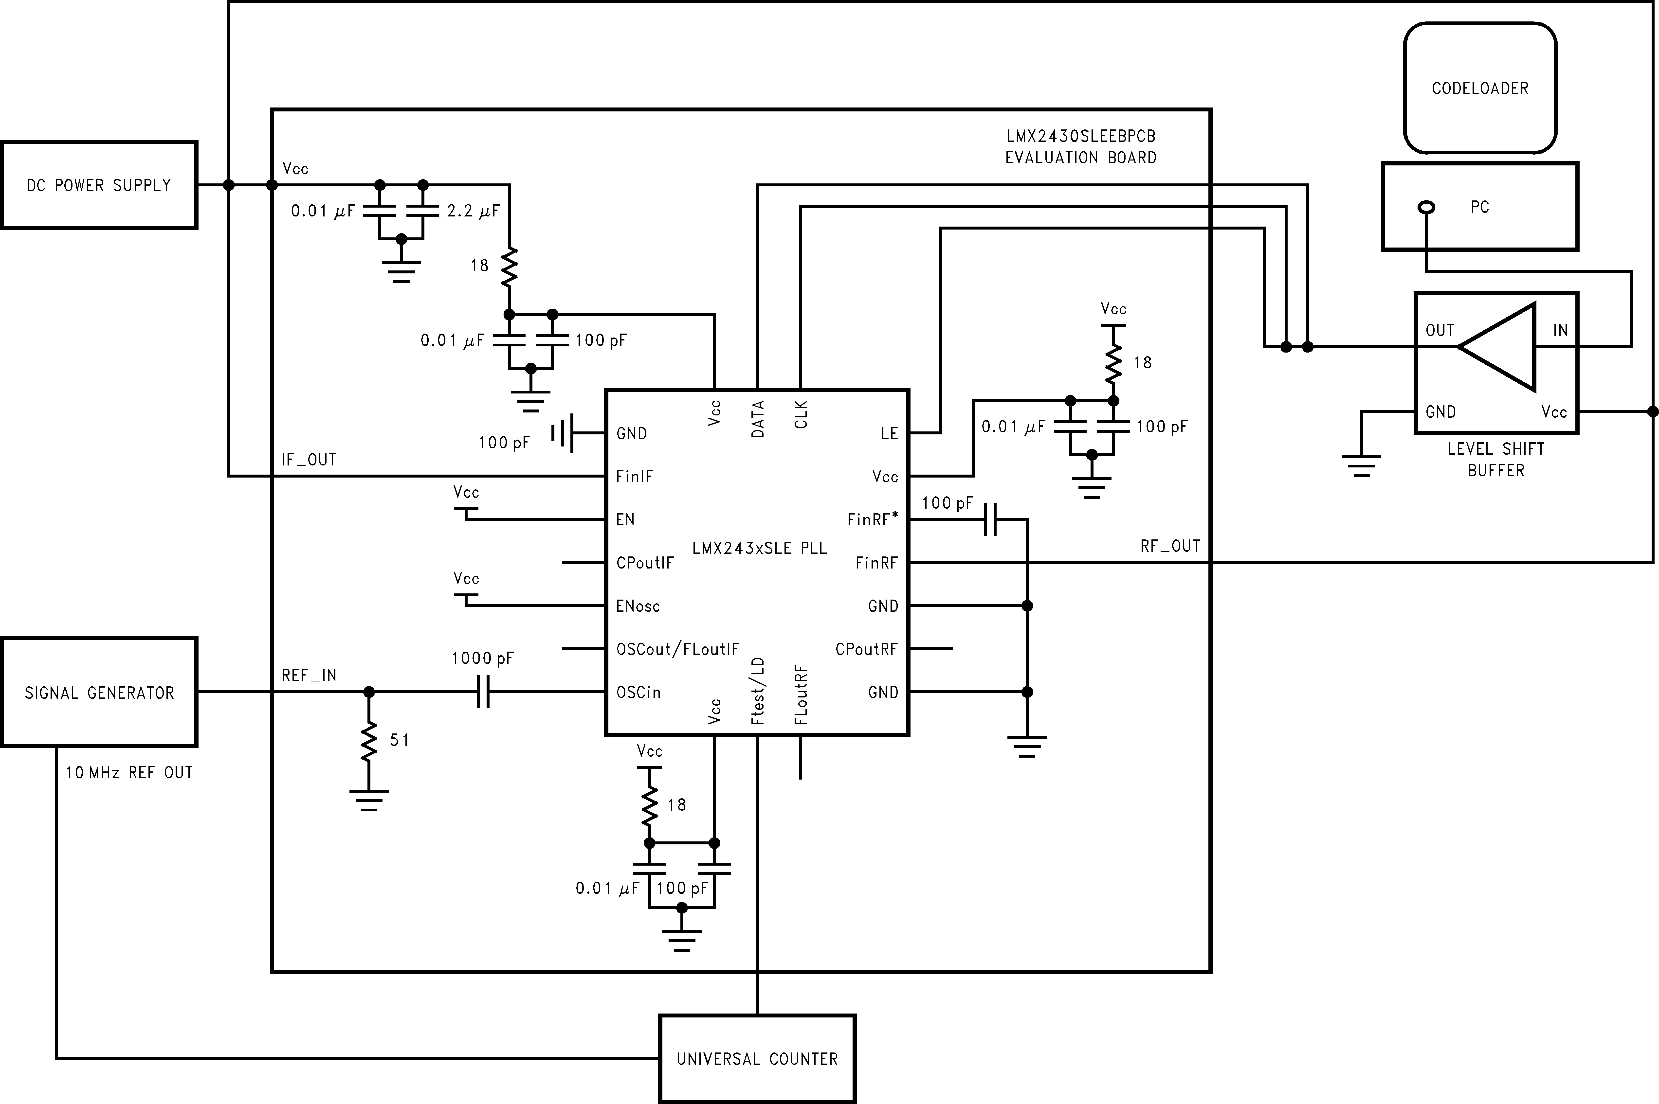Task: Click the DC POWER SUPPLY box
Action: [x=99, y=185]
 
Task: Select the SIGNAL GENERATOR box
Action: [x=99, y=692]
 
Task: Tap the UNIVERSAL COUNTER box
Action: [x=757, y=1058]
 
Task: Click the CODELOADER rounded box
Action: [x=1479, y=88]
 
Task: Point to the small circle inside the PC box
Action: [x=1426, y=207]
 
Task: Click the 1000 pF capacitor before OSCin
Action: [x=483, y=692]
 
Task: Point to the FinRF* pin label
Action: [x=873, y=520]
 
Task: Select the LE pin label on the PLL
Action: [x=889, y=434]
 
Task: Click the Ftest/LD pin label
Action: [x=758, y=691]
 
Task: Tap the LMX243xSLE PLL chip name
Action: [x=759, y=548]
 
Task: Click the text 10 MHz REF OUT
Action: [x=129, y=772]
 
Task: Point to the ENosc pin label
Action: [x=638, y=606]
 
